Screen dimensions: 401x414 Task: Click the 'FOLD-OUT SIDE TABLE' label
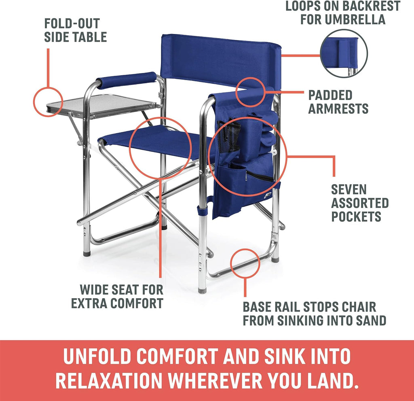click(x=75, y=30)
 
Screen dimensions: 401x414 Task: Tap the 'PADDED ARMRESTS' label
click(x=338, y=102)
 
